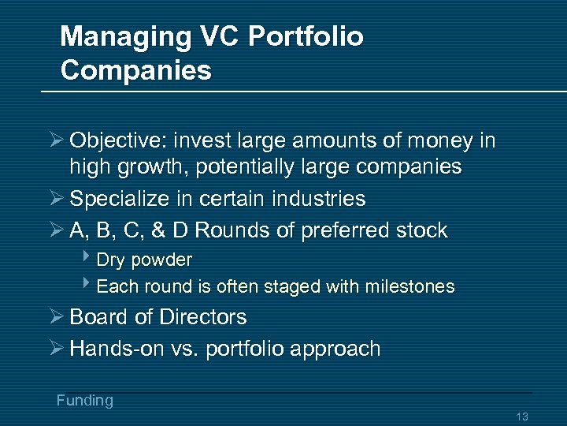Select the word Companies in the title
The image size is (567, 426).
135,70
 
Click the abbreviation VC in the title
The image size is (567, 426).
219,37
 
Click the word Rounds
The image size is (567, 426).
231,231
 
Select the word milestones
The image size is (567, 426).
409,286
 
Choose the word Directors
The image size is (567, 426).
202,317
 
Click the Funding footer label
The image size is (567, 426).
84,401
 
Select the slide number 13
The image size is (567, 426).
521,417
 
